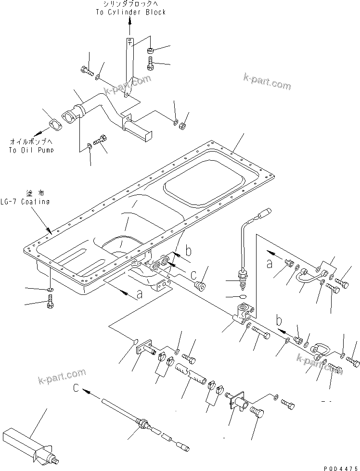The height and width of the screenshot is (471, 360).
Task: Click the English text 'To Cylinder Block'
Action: pyautogui.click(x=130, y=12)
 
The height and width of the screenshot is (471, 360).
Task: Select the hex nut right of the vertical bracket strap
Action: pyautogui.click(x=151, y=50)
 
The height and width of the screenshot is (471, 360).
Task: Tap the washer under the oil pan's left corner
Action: pyautogui.click(x=51, y=290)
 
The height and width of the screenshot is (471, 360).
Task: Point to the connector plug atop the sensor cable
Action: pyautogui.click(x=265, y=212)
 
